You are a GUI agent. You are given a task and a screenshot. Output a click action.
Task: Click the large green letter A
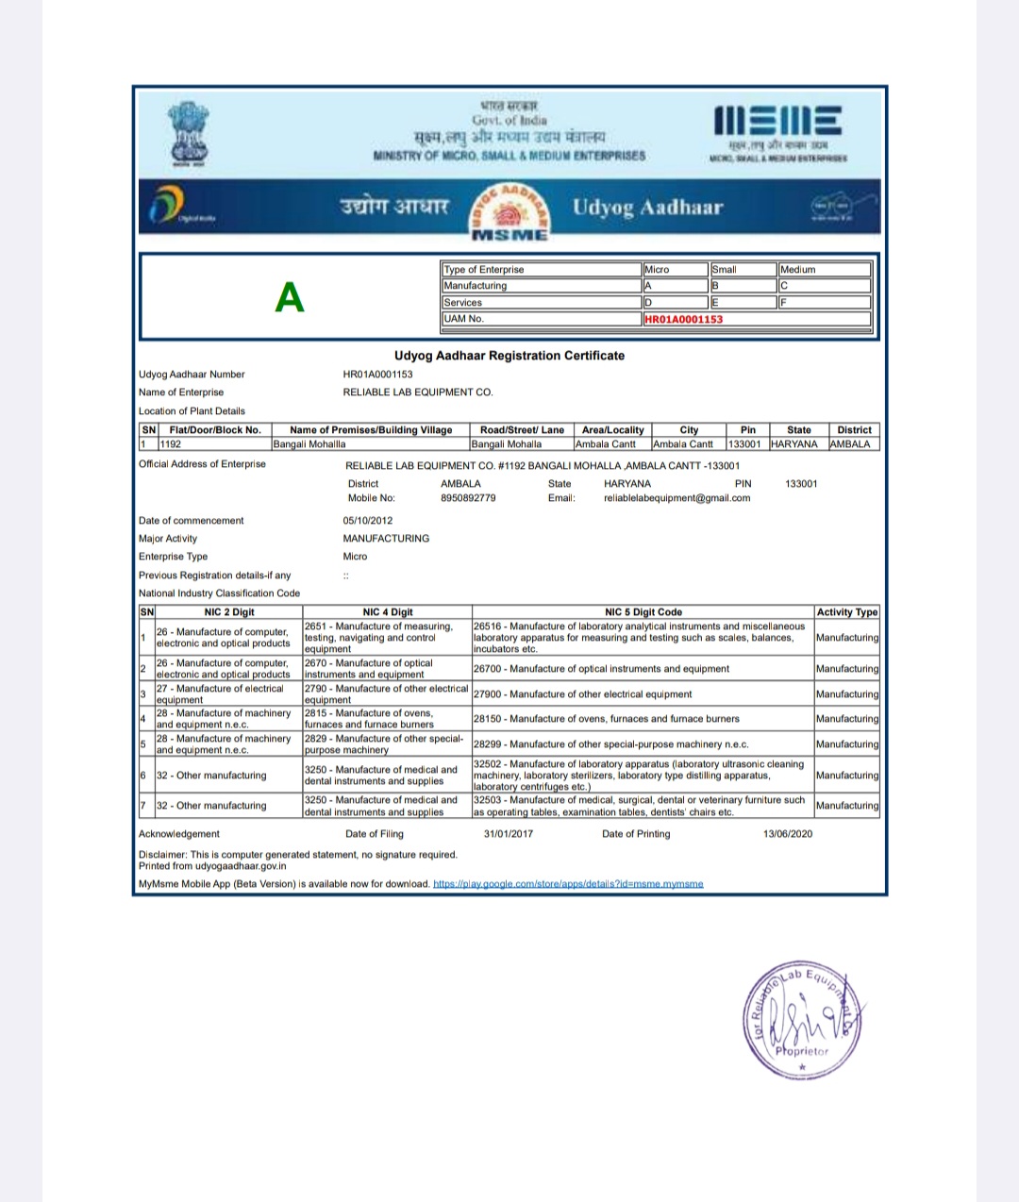point(290,298)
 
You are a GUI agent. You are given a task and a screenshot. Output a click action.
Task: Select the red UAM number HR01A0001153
point(683,319)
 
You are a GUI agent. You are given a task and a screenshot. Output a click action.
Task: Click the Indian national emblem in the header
point(190,133)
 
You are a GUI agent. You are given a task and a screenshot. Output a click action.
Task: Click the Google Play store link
point(568,884)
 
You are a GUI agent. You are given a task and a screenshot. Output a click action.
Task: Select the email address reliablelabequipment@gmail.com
point(677,498)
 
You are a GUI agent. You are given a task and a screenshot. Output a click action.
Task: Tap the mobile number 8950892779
point(468,498)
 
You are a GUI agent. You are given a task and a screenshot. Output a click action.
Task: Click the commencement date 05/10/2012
point(368,521)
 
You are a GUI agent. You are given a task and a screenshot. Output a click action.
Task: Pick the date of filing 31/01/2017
point(509,834)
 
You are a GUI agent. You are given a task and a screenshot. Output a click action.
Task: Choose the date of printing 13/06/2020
point(788,834)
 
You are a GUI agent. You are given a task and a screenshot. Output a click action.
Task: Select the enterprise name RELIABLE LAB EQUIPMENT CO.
point(418,392)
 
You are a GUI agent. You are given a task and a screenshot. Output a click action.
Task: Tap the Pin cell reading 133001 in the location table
point(743,444)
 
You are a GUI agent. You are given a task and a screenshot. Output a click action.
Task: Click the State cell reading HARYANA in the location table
point(794,444)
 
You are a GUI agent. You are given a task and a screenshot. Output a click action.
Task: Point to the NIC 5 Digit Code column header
point(643,612)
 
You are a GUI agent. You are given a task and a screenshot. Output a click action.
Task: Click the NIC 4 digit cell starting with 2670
point(387,669)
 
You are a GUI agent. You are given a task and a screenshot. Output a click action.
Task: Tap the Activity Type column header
point(847,612)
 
